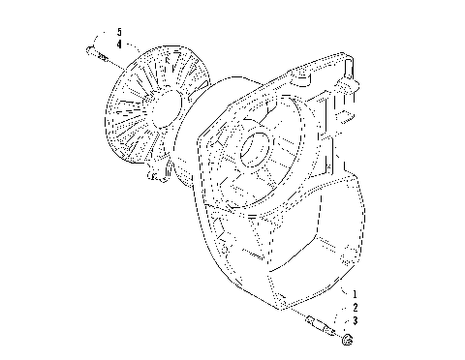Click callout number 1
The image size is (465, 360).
pyautogui.click(x=356, y=293)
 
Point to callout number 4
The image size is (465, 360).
pyautogui.click(x=119, y=45)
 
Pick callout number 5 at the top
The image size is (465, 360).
pyautogui.click(x=119, y=33)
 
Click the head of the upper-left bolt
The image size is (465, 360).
pyautogui.click(x=87, y=53)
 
